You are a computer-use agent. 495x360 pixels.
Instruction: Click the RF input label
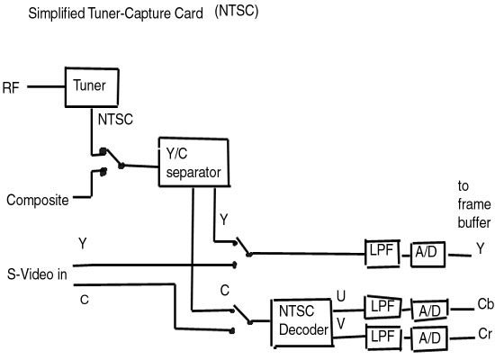point(11,88)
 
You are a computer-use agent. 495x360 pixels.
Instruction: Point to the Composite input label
point(38,200)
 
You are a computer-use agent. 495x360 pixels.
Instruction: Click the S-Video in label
point(37,274)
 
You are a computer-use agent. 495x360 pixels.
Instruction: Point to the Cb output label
point(485,305)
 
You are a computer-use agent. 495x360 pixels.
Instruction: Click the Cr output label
point(485,334)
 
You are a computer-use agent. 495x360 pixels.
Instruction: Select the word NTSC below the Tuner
point(115,120)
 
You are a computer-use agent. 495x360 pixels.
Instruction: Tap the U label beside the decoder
point(341,296)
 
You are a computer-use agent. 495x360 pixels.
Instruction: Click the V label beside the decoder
point(341,324)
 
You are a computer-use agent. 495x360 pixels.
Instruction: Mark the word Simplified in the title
point(57,13)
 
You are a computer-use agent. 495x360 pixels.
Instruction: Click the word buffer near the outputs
point(474,222)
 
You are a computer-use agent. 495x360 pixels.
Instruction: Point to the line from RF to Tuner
point(46,86)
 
